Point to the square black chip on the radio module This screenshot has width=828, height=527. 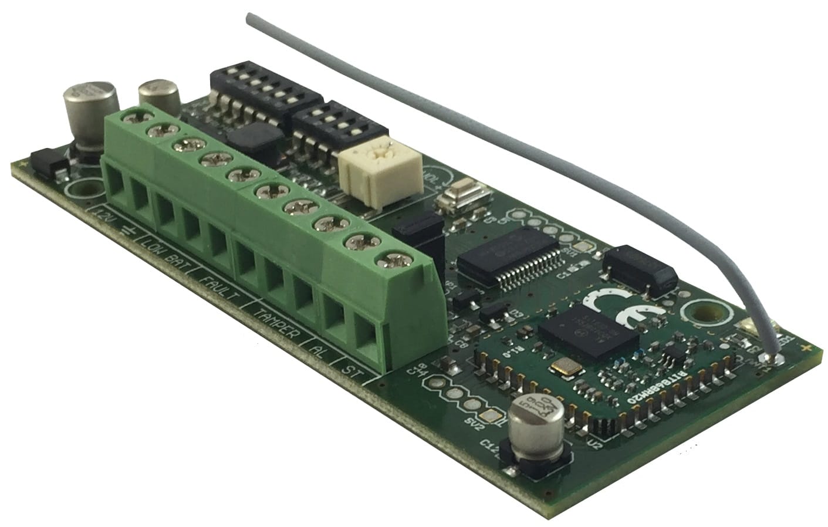[590, 332]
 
